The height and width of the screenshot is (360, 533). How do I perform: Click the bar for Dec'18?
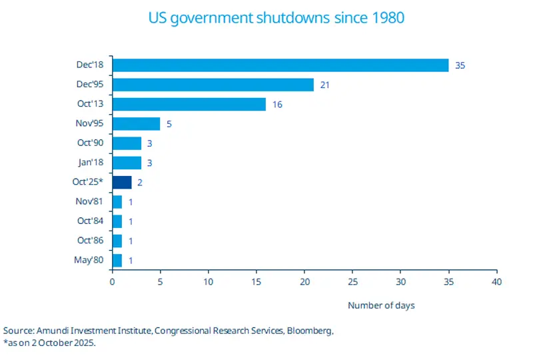point(280,65)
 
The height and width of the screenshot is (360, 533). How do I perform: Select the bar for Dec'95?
point(213,85)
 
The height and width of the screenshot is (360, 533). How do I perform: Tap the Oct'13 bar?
point(189,104)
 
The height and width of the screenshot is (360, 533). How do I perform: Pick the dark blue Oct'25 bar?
point(121,182)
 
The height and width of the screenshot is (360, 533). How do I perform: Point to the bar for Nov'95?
point(136,123)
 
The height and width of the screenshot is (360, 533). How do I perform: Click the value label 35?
point(460,65)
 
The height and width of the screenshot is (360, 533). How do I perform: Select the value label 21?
point(325,85)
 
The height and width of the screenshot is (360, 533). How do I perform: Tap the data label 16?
point(277,104)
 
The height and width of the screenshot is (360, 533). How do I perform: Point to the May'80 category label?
point(89,260)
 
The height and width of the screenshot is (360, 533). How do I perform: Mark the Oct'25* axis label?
point(87,182)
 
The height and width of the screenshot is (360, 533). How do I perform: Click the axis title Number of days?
point(380,305)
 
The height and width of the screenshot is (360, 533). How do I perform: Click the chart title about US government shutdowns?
point(266,18)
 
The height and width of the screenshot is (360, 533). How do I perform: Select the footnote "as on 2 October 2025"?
point(50,343)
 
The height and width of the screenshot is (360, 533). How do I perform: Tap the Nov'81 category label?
point(89,201)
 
